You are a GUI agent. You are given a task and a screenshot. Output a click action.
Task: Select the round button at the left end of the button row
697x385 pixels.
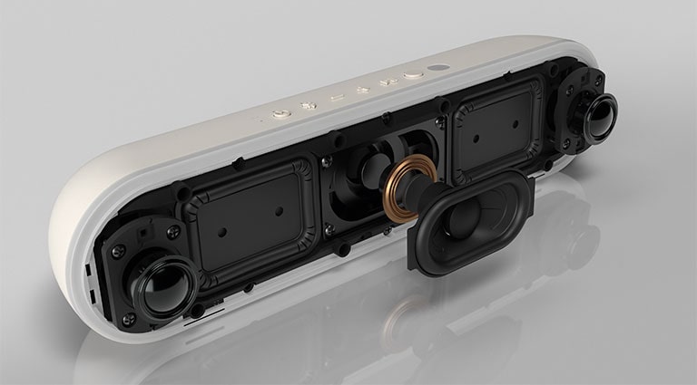[279, 115]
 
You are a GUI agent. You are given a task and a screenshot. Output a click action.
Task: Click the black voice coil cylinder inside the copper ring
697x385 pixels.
[412, 189]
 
